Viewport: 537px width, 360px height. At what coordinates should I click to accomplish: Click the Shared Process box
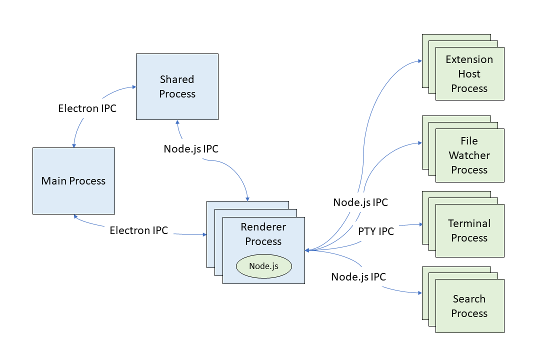click(x=177, y=86)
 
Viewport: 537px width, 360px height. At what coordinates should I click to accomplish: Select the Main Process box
click(x=73, y=181)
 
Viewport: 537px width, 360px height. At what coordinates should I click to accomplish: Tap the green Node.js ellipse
click(x=263, y=266)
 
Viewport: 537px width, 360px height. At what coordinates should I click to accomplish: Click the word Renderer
click(x=263, y=227)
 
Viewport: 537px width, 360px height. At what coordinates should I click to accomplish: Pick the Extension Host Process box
click(x=469, y=74)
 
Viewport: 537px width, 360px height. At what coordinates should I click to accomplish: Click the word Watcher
click(x=469, y=155)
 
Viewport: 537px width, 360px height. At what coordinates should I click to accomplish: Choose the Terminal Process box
click(x=469, y=230)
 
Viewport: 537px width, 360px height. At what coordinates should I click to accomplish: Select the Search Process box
click(x=469, y=306)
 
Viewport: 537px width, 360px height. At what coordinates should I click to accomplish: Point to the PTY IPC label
click(x=376, y=231)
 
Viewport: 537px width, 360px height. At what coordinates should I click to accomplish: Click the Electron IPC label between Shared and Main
click(x=87, y=108)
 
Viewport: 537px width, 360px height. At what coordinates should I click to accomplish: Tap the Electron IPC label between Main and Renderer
click(x=139, y=230)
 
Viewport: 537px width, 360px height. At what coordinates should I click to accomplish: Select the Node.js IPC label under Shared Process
click(x=191, y=149)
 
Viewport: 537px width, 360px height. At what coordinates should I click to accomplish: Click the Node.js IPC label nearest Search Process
click(x=358, y=276)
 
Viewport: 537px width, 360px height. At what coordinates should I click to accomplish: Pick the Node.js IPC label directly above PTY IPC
click(x=360, y=202)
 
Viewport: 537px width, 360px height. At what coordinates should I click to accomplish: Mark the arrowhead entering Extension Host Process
click(x=419, y=61)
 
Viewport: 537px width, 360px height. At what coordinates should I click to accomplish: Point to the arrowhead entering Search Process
click(x=419, y=293)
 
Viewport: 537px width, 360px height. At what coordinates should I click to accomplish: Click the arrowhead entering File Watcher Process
click(x=419, y=143)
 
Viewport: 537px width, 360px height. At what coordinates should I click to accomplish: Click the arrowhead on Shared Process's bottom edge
click(x=177, y=122)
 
